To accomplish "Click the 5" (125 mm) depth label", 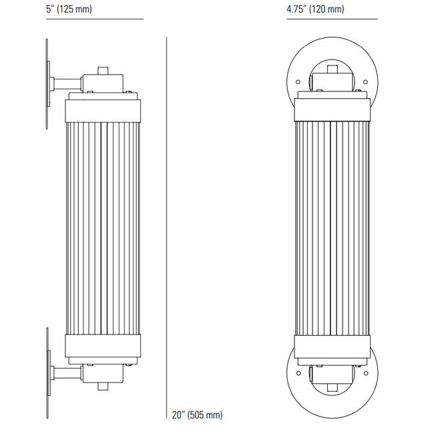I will [69, 9].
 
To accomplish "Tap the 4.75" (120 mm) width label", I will [315, 9].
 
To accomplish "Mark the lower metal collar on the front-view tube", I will [332, 345].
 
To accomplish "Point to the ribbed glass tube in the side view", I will [103, 227].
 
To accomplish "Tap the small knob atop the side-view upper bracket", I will [103, 69].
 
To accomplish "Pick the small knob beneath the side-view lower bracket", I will [103, 386].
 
